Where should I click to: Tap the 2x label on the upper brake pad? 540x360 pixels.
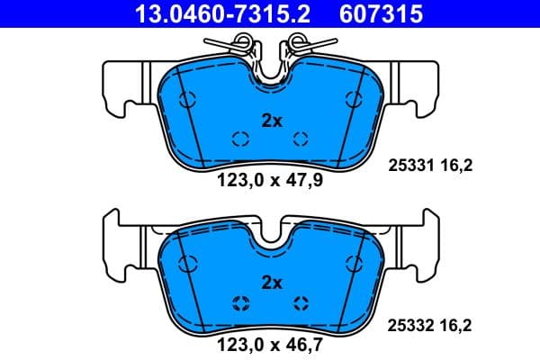(x=271, y=120)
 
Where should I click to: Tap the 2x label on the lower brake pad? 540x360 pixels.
(x=271, y=282)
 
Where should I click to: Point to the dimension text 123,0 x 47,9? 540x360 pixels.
(x=270, y=179)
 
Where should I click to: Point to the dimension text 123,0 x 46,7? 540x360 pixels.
(x=270, y=342)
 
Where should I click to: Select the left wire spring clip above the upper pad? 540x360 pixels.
(x=236, y=42)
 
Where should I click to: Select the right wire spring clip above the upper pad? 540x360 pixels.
(x=304, y=42)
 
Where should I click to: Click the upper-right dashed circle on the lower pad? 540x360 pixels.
(x=353, y=262)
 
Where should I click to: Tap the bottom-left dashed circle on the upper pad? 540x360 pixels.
(x=239, y=138)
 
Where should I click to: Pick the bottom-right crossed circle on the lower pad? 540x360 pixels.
(x=301, y=301)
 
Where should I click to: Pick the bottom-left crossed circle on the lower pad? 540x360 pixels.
(x=239, y=301)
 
